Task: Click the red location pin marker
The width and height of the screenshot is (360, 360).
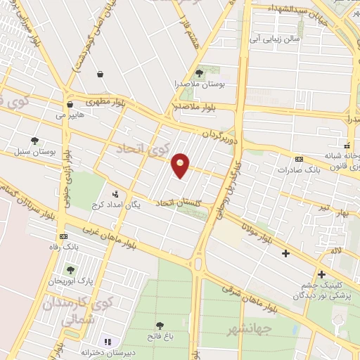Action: click(x=181, y=166)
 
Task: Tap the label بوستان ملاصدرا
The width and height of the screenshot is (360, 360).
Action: click(x=200, y=84)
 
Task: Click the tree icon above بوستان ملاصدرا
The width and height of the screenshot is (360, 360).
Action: click(x=200, y=72)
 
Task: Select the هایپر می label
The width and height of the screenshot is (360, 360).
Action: click(x=70, y=114)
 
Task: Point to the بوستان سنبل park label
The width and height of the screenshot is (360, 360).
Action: click(x=35, y=152)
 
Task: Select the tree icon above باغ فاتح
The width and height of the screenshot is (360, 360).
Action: click(x=160, y=326)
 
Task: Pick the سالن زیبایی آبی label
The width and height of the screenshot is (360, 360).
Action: click(x=277, y=40)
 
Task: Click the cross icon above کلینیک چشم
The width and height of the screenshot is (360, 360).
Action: click(x=322, y=274)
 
